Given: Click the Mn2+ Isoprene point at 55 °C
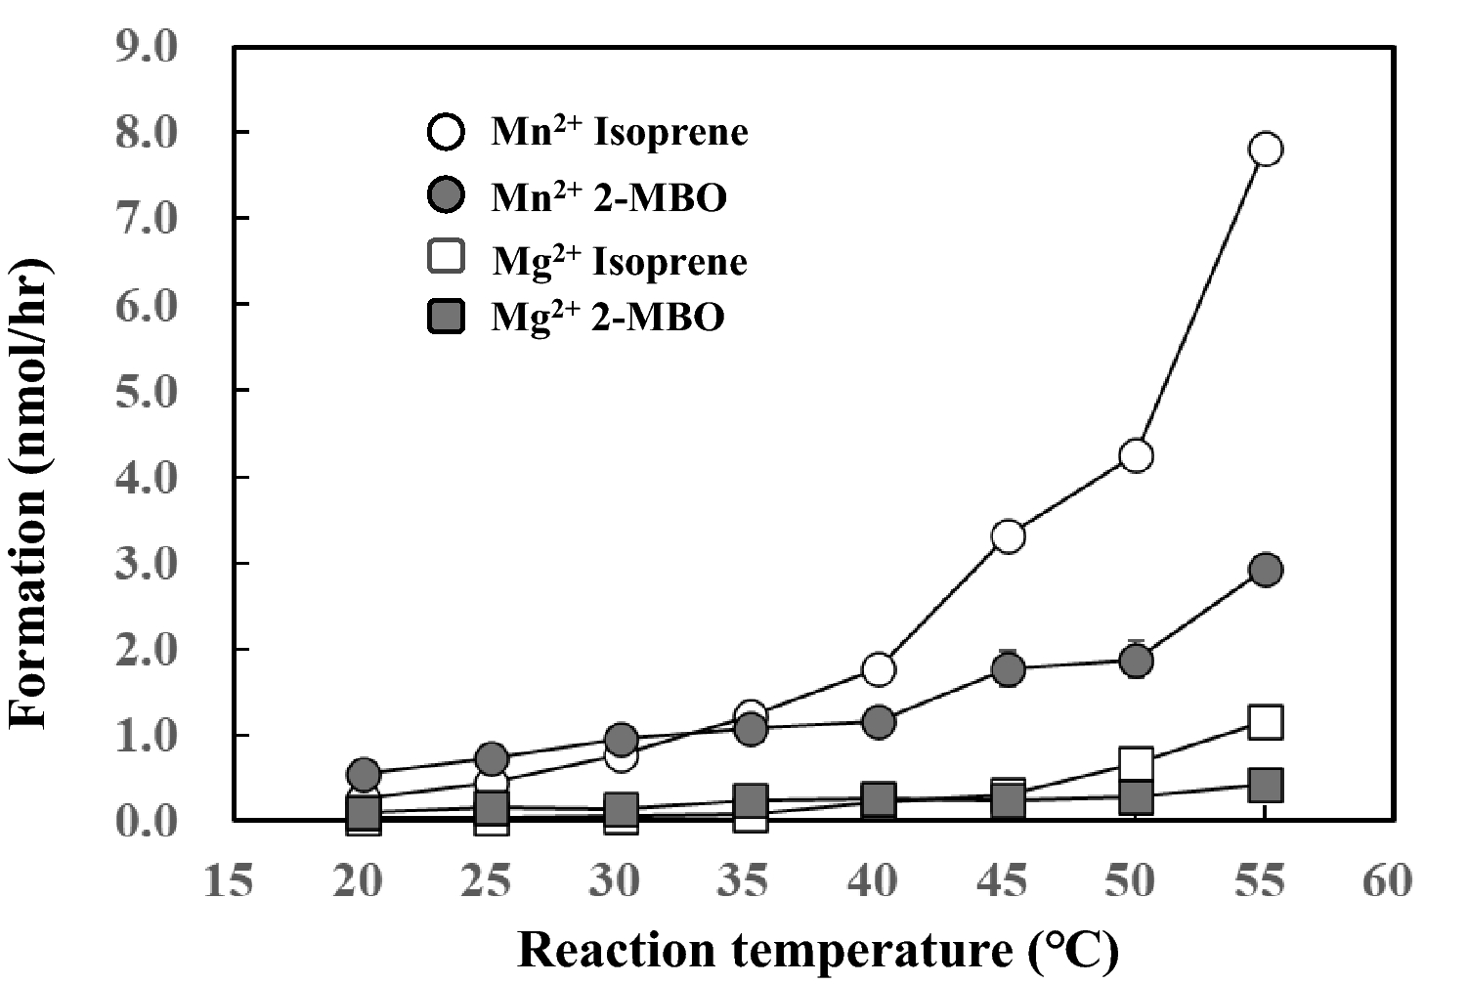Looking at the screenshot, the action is tap(1265, 150).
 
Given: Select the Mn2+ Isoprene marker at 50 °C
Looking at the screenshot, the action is tap(1136, 455).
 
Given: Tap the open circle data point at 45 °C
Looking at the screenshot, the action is tap(1008, 536).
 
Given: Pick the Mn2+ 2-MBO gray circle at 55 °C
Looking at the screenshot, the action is tap(1265, 570).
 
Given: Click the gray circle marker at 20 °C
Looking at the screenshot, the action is tap(363, 775).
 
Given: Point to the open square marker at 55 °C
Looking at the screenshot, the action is tap(1265, 722).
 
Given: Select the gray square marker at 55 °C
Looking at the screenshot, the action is tap(1265, 785).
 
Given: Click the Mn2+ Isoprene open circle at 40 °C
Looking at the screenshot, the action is tap(878, 669).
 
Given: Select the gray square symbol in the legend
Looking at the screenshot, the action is tap(446, 317).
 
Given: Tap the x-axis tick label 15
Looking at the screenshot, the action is tap(229, 882).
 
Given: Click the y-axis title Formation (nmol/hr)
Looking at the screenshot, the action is tap(29, 493).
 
